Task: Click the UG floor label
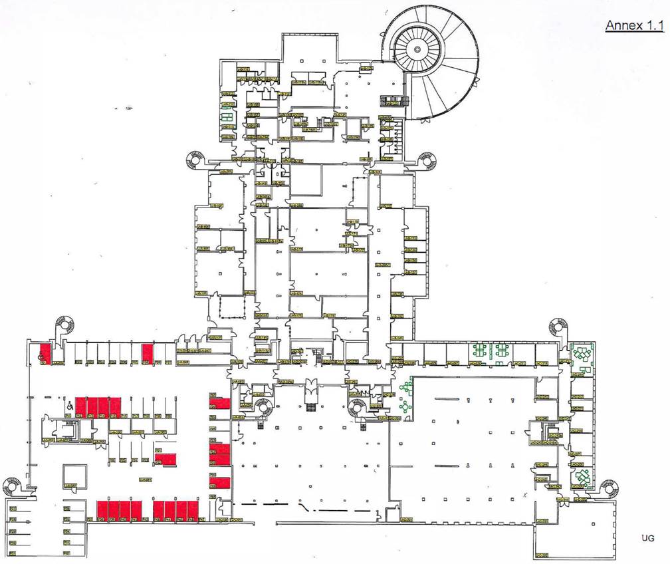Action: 648,537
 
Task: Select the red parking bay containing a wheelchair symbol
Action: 45,353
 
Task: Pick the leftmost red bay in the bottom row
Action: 102,509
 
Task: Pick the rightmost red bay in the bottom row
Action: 193,509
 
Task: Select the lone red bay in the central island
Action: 169,458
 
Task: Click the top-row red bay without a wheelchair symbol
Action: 148,352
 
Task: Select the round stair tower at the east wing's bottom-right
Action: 608,488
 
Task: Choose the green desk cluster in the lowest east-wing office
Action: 583,478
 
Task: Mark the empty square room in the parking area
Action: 72,476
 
